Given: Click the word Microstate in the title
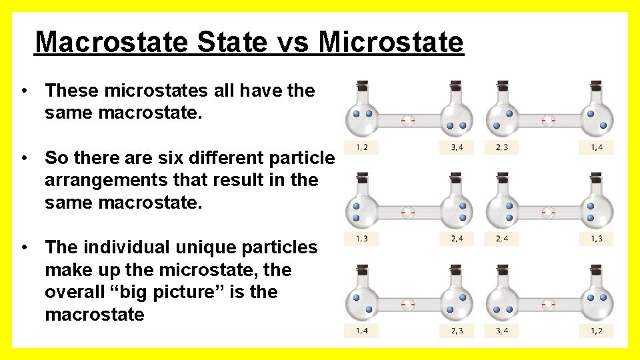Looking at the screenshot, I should point(391,42).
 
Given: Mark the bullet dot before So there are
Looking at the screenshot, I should point(23,158).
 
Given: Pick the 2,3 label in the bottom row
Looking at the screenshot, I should point(457,330).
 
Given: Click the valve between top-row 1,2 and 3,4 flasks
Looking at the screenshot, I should point(409,121).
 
